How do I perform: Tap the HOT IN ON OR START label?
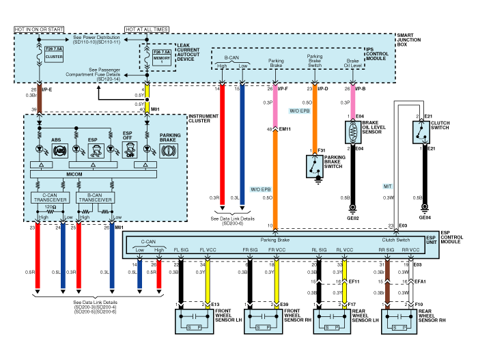pos(40,30)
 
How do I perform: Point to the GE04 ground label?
pos(425,218)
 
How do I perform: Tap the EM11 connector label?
pos(285,128)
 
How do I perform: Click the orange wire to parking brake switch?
pos(314,116)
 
